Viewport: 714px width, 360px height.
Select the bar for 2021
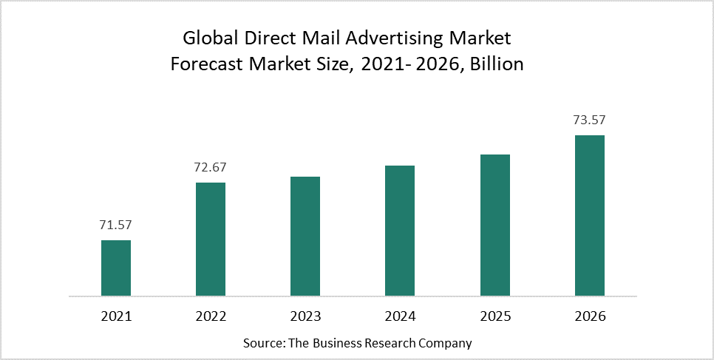click(x=116, y=268)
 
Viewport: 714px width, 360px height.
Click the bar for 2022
click(x=211, y=239)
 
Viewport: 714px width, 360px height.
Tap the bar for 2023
click(x=305, y=236)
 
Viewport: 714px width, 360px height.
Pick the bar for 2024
click(x=400, y=231)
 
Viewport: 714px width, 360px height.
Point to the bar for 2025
click(x=495, y=225)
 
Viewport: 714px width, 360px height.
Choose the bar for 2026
click(x=590, y=215)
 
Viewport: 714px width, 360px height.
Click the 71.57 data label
click(x=116, y=225)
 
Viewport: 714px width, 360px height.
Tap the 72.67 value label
click(x=211, y=167)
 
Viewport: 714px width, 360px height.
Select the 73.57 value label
click(x=590, y=120)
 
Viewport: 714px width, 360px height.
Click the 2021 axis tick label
click(x=116, y=316)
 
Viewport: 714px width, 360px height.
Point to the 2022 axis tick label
click(x=211, y=316)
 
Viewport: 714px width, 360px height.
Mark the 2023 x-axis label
click(x=305, y=316)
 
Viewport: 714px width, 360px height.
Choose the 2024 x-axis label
click(x=400, y=316)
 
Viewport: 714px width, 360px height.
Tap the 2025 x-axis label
click(x=495, y=316)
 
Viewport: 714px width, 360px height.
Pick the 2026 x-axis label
click(x=590, y=316)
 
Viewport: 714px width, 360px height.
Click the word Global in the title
click(x=208, y=37)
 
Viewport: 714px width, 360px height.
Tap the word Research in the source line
click(x=382, y=343)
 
